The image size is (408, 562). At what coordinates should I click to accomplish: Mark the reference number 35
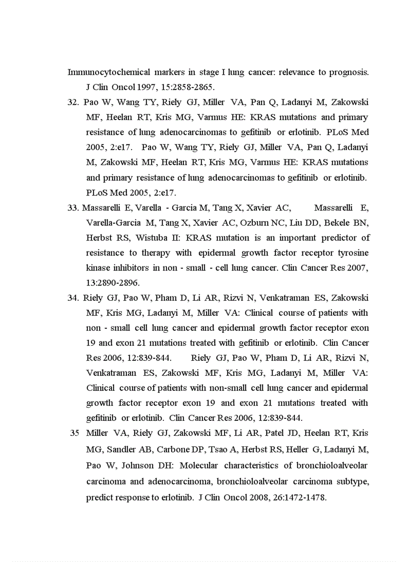(x=74, y=433)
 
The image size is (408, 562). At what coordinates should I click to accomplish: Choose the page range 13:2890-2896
(x=113, y=283)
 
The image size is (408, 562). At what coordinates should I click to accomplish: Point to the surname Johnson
(x=138, y=465)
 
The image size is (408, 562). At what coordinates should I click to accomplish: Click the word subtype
(x=352, y=481)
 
